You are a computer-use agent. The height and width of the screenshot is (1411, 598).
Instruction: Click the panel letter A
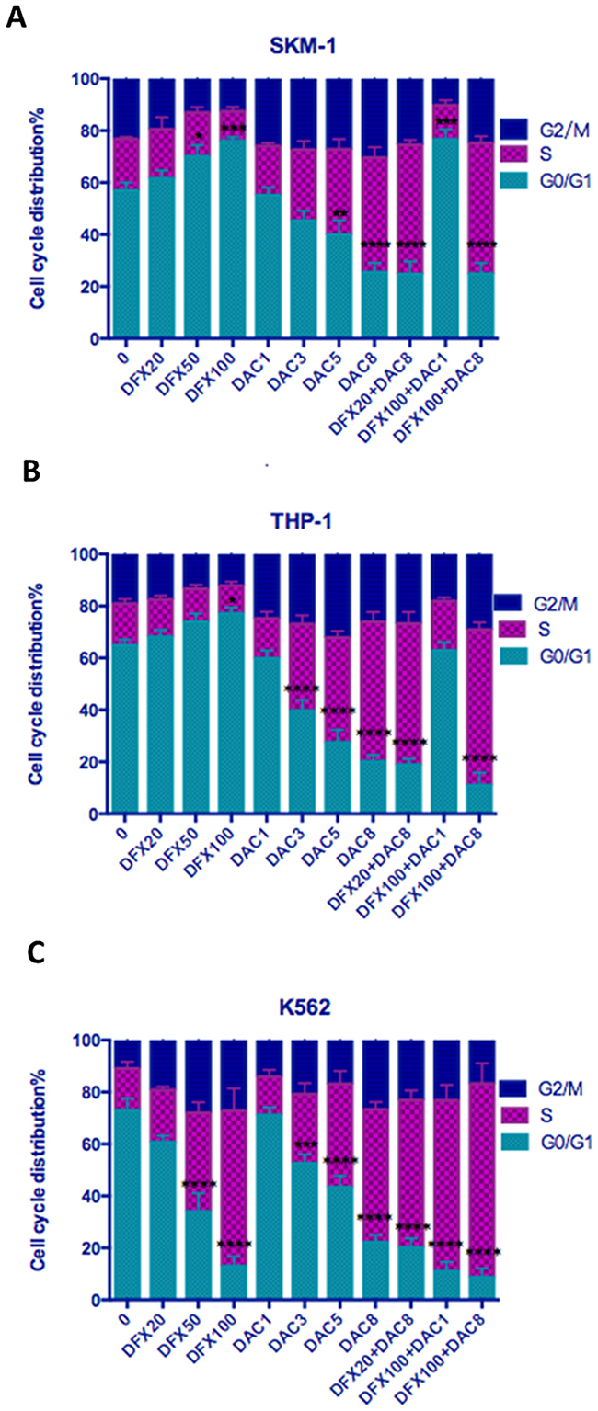pos(15,17)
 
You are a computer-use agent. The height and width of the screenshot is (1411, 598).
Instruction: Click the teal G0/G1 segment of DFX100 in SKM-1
pos(234,239)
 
